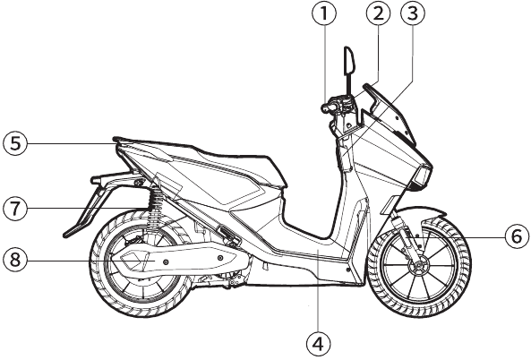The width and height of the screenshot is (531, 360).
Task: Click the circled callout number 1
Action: (324, 14)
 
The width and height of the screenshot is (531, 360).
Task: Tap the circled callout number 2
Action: (378, 14)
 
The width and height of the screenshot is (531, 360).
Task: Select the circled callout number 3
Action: (413, 14)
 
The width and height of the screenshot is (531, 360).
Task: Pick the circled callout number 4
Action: (318, 344)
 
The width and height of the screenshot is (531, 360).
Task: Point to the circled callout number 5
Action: (15, 143)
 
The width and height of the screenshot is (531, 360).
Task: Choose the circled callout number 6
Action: (517, 236)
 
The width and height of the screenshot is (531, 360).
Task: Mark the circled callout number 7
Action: (15, 209)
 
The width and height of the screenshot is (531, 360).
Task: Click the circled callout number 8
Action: (15, 260)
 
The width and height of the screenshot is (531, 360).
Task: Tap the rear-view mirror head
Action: (349, 60)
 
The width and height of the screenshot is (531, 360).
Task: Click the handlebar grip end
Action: (326, 108)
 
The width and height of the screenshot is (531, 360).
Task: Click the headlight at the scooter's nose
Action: (421, 176)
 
